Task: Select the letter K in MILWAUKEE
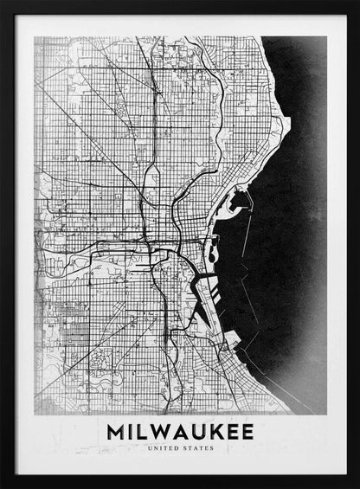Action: (x=209, y=430)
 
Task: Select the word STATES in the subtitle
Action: (x=198, y=448)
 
